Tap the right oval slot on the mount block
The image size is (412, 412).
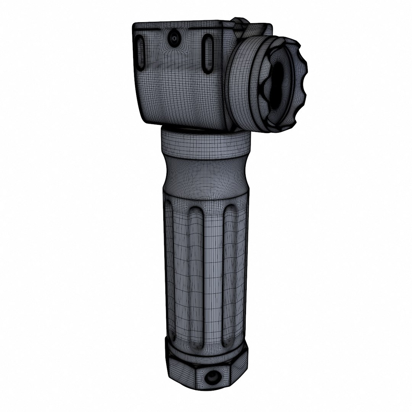[208, 54]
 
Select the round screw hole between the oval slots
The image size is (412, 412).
[174, 38]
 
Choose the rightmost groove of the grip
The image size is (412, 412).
[230, 275]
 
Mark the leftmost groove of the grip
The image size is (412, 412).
[169, 275]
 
